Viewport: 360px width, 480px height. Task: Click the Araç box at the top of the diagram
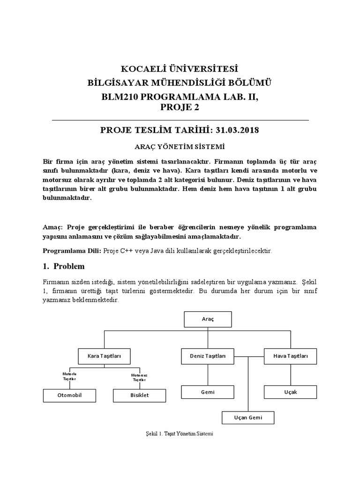click(208, 319)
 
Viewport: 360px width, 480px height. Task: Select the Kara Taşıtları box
click(104, 356)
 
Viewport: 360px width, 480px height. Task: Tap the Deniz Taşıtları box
click(208, 356)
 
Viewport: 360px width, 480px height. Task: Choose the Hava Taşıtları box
click(291, 356)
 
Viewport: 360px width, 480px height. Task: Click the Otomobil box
click(69, 395)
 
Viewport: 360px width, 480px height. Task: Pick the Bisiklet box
click(139, 395)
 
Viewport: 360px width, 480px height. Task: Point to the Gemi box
click(208, 392)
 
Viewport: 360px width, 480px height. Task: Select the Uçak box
click(291, 392)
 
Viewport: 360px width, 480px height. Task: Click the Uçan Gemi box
click(248, 417)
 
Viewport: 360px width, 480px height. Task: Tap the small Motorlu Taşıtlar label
click(69, 376)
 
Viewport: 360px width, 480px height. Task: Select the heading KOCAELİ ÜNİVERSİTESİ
click(180, 69)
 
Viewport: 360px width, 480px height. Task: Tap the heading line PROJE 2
click(180, 107)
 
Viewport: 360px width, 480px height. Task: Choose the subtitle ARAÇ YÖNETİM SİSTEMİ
click(180, 146)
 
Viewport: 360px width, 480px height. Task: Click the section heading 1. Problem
click(64, 266)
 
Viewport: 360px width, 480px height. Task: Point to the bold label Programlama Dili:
click(72, 251)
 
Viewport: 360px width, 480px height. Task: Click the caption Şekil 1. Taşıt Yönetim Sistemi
click(180, 434)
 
